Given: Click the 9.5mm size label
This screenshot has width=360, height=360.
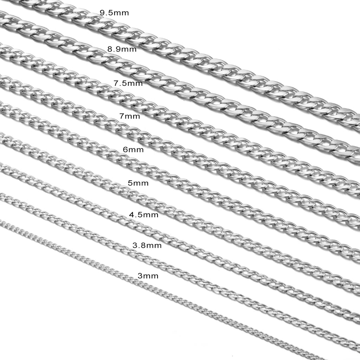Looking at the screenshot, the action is pos(114,13).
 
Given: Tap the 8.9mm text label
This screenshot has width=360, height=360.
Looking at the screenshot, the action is pos(122,49).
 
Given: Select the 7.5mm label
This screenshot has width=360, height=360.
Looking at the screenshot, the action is pos(128,83).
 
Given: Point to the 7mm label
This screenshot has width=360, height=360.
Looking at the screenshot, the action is pos(129,116).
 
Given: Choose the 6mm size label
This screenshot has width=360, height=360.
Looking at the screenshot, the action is pos(133,150).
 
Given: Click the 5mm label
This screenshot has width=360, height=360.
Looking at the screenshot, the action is pos(138,183).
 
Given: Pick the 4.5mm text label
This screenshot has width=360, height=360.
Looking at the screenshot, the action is pos(144,215).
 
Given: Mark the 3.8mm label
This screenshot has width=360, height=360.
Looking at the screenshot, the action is pos(147,245).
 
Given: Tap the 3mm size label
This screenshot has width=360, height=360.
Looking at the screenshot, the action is pos(148,276).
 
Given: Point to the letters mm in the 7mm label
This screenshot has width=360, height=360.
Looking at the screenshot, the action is pos(132,117).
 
